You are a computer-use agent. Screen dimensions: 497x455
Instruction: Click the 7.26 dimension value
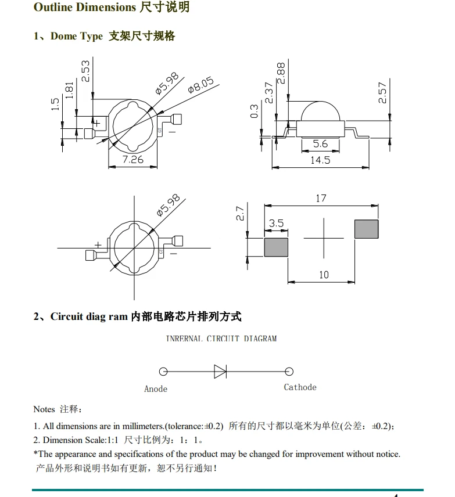[x=132, y=159]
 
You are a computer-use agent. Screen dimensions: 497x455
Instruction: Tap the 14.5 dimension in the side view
[x=320, y=160]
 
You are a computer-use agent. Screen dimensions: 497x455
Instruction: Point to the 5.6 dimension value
[x=320, y=144]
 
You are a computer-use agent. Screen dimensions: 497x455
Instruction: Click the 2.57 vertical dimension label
[x=382, y=92]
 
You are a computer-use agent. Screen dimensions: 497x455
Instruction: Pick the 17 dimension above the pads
[x=321, y=198]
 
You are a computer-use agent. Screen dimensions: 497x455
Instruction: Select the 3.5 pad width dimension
[x=277, y=224]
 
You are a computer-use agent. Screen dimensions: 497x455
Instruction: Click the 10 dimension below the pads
[x=324, y=275]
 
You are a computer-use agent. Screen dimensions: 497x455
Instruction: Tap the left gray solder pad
[x=277, y=247]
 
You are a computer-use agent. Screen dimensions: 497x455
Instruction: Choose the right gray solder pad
[x=367, y=229]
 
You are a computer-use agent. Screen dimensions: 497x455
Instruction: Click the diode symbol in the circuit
[x=220, y=371]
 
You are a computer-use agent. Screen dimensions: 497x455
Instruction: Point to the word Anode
[x=156, y=389]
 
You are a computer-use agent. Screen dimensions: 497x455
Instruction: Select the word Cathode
[x=300, y=387]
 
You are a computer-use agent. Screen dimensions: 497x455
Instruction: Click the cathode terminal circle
[x=289, y=372]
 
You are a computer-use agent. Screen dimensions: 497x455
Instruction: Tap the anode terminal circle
[x=163, y=372]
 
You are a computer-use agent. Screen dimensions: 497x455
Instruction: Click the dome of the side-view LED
[x=320, y=110]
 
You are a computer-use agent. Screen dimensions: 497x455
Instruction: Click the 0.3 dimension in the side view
[x=254, y=111]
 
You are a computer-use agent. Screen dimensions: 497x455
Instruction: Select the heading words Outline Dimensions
[x=84, y=8]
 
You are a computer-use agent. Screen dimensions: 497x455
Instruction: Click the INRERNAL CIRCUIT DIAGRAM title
[x=221, y=338]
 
